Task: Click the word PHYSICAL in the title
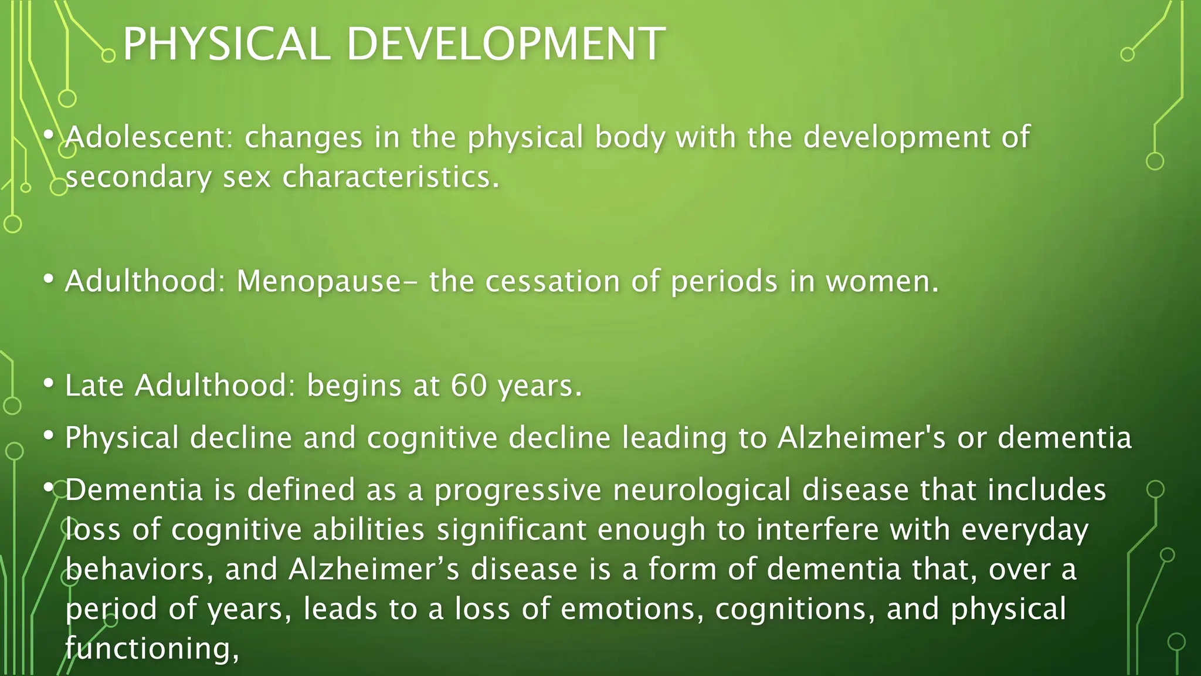tap(226, 45)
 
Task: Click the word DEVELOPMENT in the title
tap(505, 45)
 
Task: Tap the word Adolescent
tap(145, 137)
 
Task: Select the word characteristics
tap(391, 177)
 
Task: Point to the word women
tap(882, 281)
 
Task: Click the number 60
tap(469, 386)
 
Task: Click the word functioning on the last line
tap(151, 649)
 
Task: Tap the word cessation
tap(552, 281)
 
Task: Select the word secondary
tap(138, 177)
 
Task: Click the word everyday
tap(1024, 530)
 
